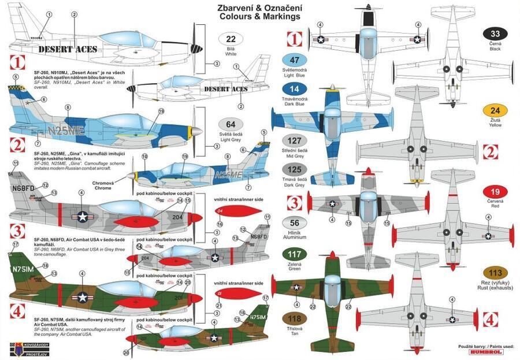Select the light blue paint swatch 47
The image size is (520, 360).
[295, 60]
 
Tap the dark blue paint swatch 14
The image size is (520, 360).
[295, 90]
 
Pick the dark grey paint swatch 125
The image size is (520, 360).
[295, 171]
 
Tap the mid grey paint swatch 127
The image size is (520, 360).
[295, 142]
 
